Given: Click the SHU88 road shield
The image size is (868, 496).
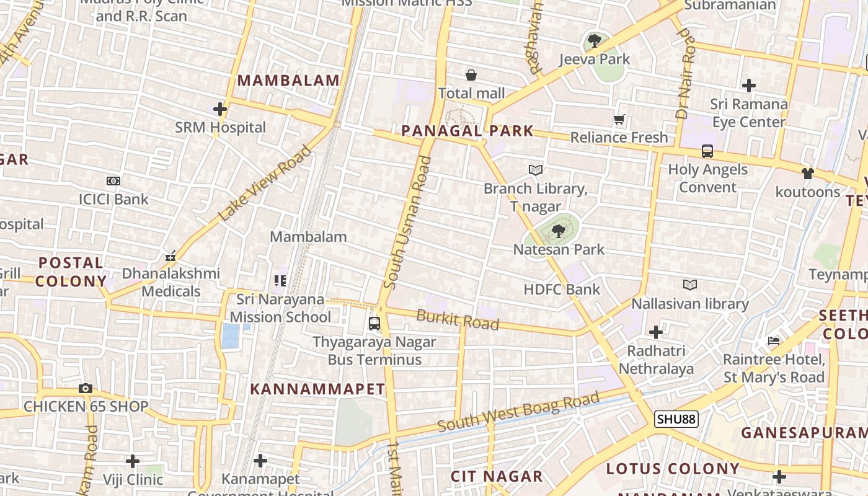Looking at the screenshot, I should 676,419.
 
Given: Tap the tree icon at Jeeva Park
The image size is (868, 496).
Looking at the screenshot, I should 594,42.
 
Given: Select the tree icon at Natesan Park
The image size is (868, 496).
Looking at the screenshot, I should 558,232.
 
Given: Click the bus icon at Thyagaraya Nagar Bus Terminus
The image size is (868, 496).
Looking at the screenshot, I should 374,323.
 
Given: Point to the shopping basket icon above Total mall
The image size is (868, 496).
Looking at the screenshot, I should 471,75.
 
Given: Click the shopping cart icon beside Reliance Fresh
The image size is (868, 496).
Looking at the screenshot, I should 619,119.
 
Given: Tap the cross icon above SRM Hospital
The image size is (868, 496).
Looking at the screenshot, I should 219,110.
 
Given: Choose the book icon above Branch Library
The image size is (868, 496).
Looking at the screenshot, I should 536,170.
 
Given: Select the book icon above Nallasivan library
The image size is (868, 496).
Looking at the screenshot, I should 689,285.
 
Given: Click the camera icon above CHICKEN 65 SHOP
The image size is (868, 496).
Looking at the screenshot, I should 86,389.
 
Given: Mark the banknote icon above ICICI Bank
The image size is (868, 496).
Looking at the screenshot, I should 113,181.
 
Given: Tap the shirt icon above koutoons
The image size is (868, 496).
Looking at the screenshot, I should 807,174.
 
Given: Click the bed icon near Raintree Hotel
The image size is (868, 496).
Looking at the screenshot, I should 773,340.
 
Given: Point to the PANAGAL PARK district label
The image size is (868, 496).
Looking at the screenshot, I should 467,131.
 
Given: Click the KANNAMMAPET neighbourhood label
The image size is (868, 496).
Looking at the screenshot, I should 317,389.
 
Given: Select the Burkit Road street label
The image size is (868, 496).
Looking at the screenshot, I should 458,320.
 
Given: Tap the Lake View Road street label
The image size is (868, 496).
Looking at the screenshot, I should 265,183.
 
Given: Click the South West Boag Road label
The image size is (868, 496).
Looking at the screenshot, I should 519,412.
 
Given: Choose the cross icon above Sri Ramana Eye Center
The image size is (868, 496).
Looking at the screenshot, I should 749,85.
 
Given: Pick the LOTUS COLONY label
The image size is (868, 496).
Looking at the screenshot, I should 673,469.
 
